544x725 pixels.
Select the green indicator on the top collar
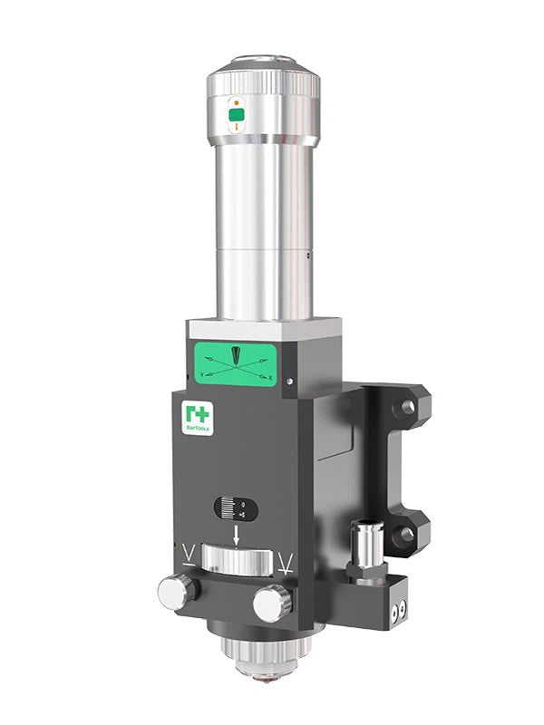tap(237, 115)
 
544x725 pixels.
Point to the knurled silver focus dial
tap(237, 560)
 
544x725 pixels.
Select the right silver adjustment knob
tap(272, 604)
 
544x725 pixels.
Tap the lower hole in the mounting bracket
tap(403, 533)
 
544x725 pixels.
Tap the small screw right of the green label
tap(289, 382)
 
